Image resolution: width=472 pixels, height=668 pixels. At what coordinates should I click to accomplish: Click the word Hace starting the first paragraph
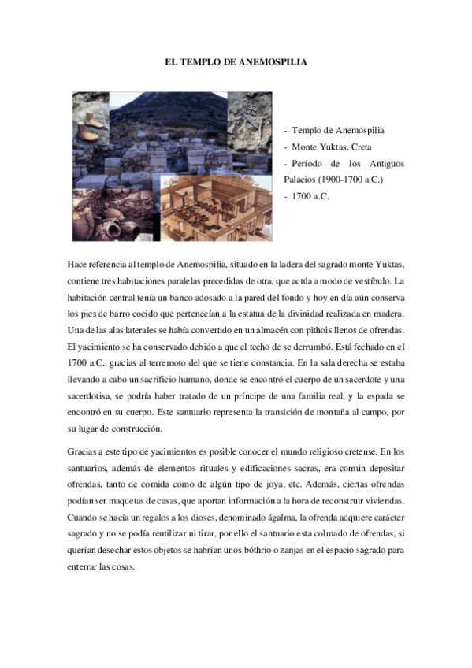pos(79,266)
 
